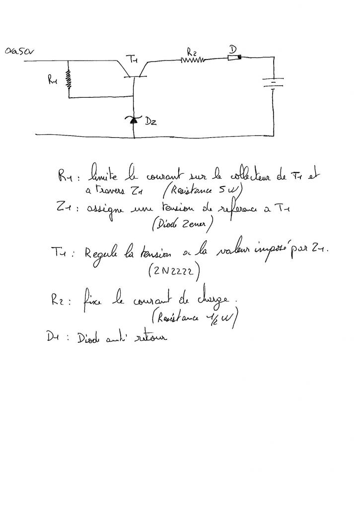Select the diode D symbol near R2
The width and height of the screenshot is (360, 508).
pyautogui.click(x=234, y=58)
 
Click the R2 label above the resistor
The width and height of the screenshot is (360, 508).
pyautogui.click(x=192, y=51)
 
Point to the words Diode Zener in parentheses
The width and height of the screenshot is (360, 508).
pyautogui.click(x=183, y=225)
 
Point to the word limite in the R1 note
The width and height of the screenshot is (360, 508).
pyautogui.click(x=101, y=175)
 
